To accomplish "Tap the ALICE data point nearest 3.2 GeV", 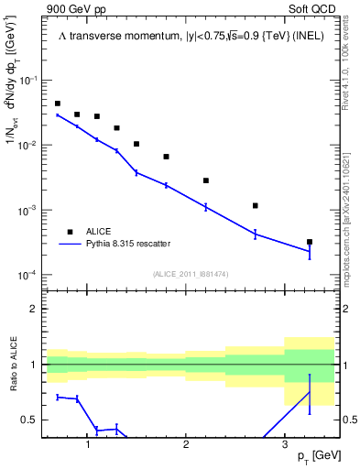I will (310, 242).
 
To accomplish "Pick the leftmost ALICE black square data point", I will (58, 104).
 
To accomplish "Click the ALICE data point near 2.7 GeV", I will (255, 205).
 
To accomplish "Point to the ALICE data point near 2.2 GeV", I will (206, 180).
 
